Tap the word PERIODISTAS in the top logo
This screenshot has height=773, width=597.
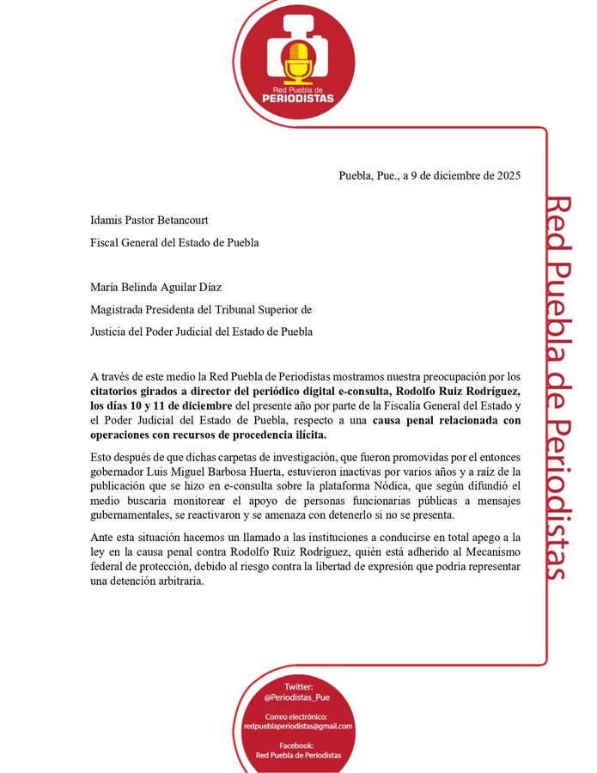pyautogui.click(x=298, y=98)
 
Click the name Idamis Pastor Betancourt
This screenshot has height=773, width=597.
pyautogui.click(x=149, y=221)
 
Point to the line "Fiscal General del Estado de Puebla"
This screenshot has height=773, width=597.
pyautogui.click(x=174, y=242)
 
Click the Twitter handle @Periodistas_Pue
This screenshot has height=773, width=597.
pyautogui.click(x=298, y=698)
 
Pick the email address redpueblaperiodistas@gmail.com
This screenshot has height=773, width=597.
pyautogui.click(x=298, y=727)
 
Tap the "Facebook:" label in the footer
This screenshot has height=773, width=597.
pyautogui.click(x=298, y=745)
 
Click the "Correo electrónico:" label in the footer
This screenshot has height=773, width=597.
pyautogui.click(x=298, y=716)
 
